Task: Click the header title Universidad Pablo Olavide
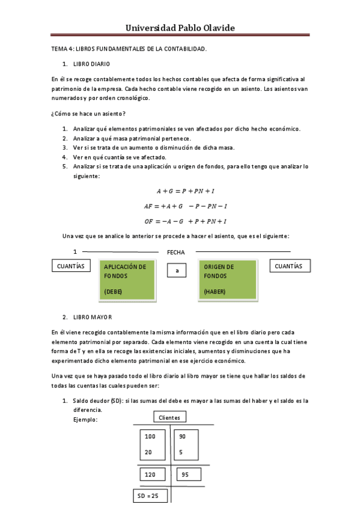pyautogui.click(x=180, y=28)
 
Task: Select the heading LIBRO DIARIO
pyautogui.click(x=91, y=64)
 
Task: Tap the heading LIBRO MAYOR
pyautogui.click(x=92, y=317)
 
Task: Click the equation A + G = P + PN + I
pyautogui.click(x=186, y=191)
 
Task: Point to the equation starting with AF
pyautogui.click(x=185, y=206)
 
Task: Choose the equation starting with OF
pyautogui.click(x=185, y=221)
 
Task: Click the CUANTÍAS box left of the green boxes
pyautogui.click(x=70, y=266)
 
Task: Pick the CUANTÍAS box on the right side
pyautogui.click(x=288, y=266)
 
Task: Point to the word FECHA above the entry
pyautogui.click(x=175, y=253)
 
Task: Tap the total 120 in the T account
pyautogui.click(x=151, y=475)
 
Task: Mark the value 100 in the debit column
pyautogui.click(x=150, y=436)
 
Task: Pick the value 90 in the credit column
pyautogui.click(x=183, y=436)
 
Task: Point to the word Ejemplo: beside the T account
pyautogui.click(x=85, y=419)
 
